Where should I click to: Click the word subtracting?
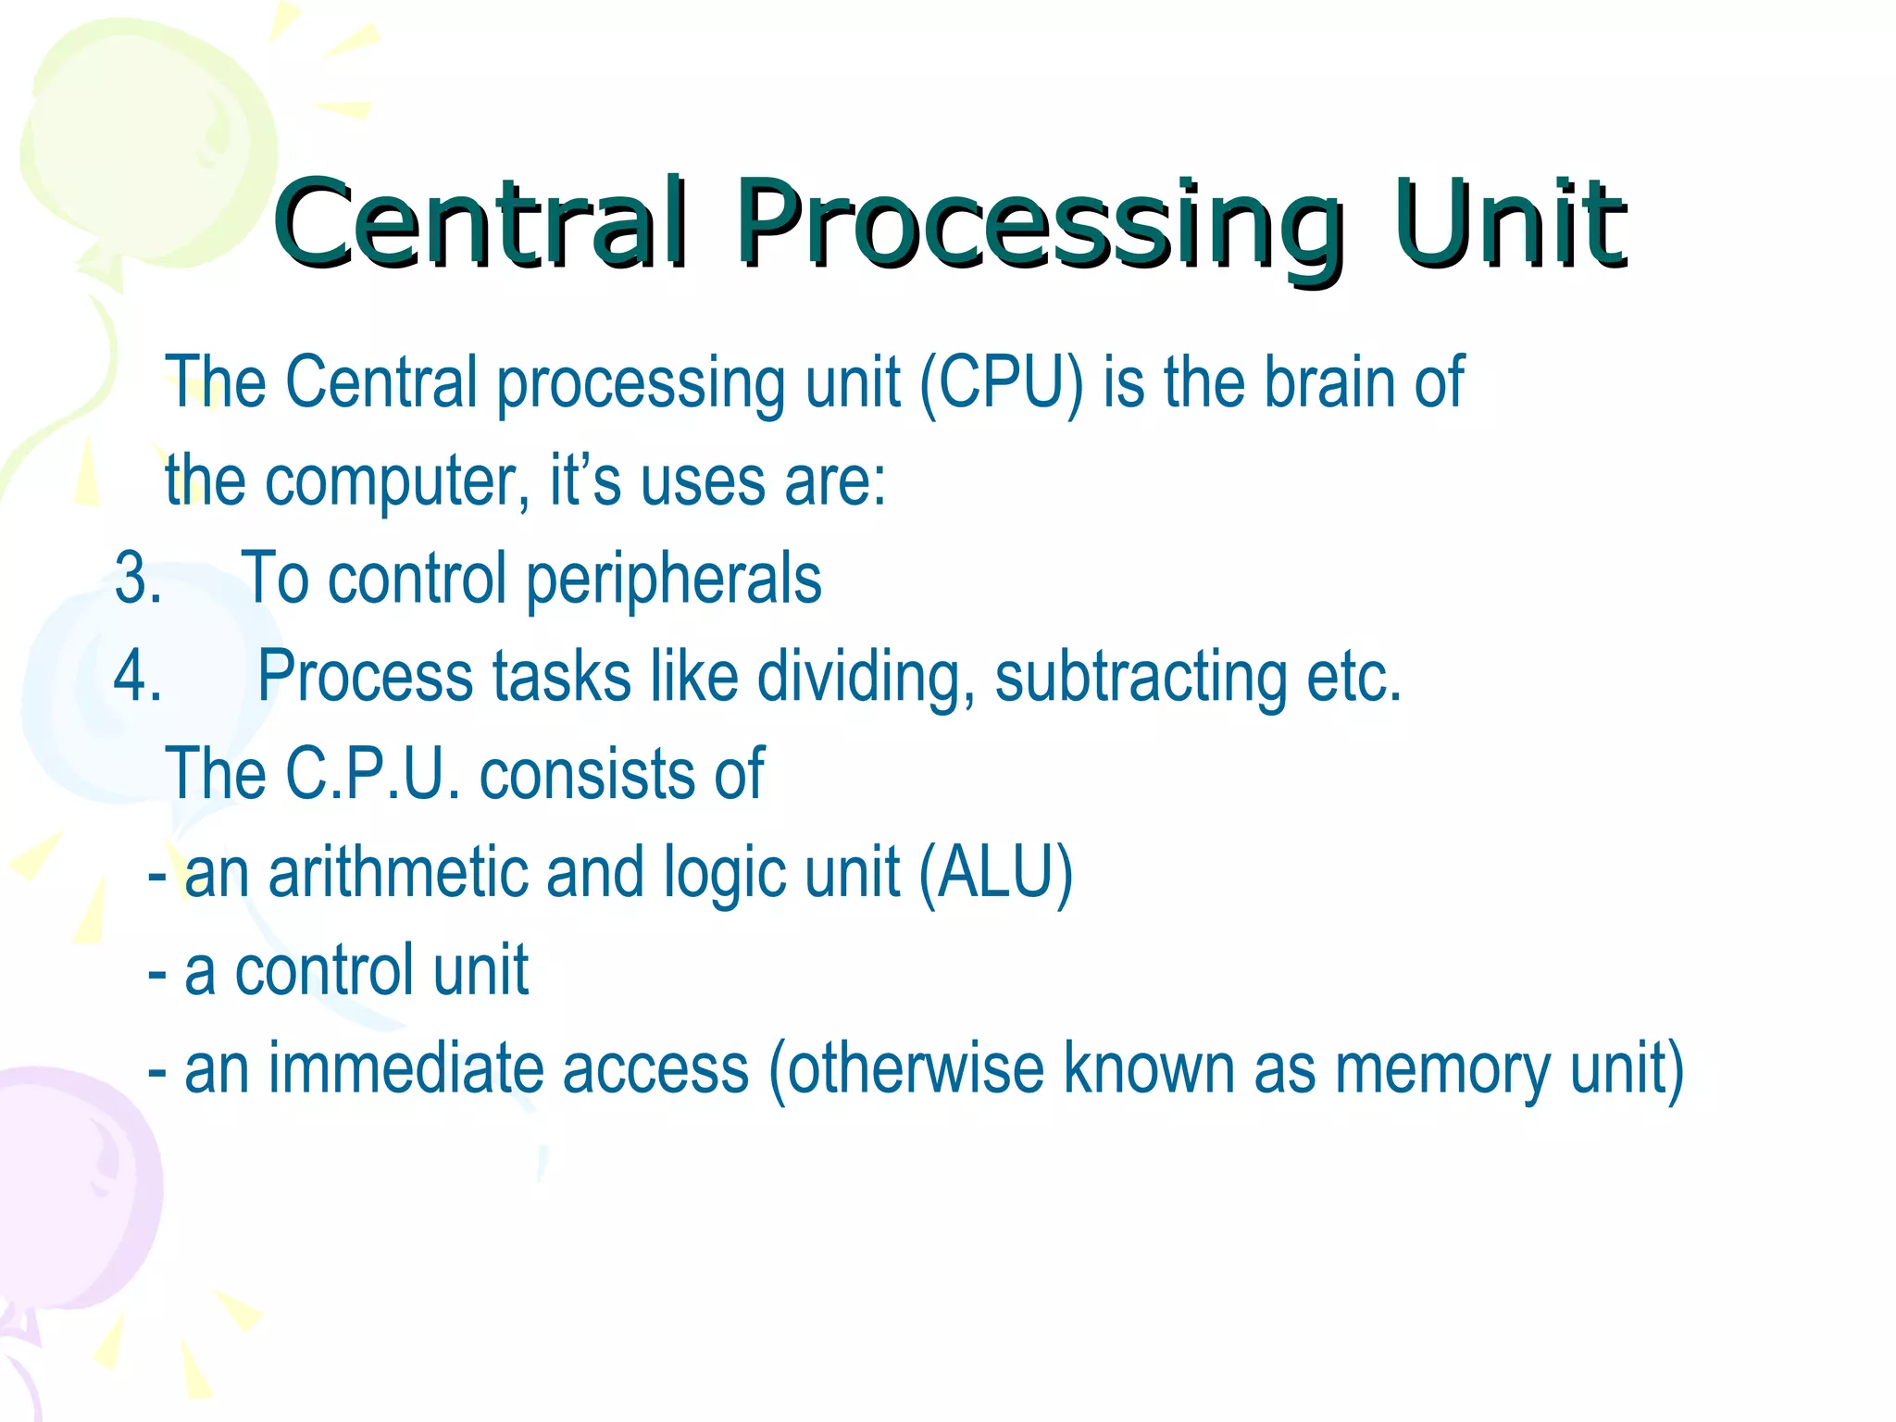point(1141,678)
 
